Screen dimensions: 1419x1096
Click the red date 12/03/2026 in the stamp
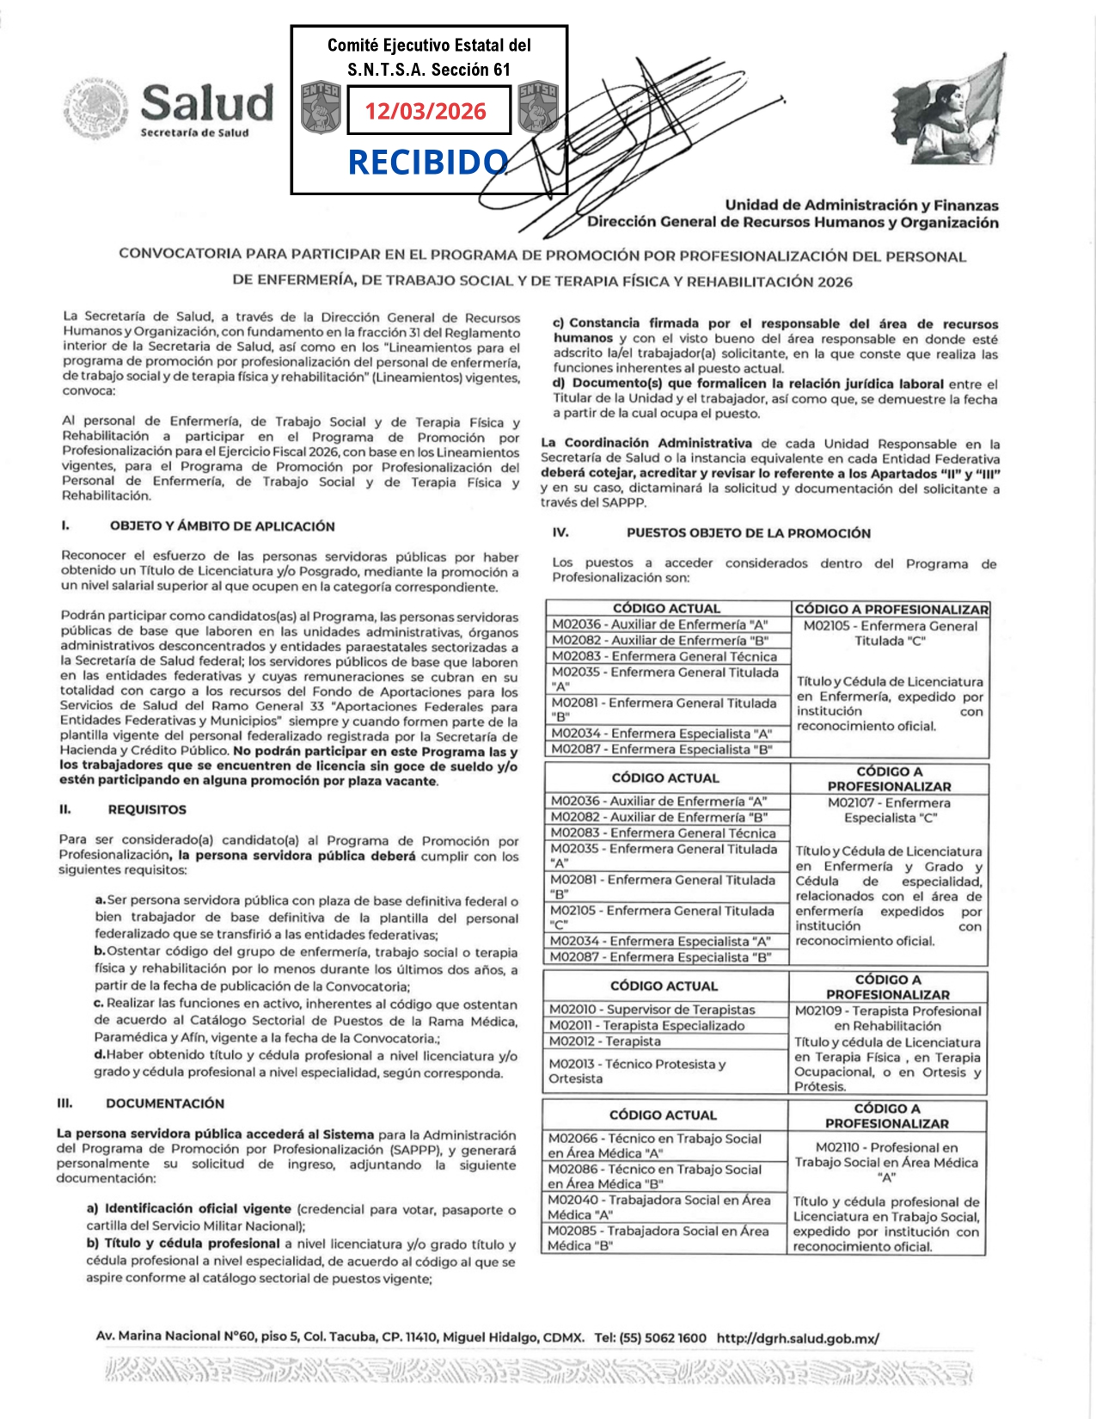[x=426, y=111]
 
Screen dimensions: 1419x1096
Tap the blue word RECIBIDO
[x=427, y=162]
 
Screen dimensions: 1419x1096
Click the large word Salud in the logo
[x=207, y=103]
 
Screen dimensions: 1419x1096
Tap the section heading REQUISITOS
[x=147, y=809]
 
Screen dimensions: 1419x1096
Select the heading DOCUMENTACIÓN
[x=165, y=1103]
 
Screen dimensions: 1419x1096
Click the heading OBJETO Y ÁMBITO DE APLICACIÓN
[x=222, y=526]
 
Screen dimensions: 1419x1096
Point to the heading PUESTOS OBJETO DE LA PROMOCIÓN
[x=748, y=533]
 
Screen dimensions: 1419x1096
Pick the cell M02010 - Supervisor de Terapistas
[x=652, y=1010]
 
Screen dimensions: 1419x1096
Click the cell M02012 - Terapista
[x=605, y=1041]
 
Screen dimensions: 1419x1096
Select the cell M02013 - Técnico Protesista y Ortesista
[x=637, y=1071]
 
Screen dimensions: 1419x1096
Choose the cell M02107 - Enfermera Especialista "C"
[x=889, y=810]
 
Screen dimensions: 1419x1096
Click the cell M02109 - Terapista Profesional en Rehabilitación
[x=887, y=1018]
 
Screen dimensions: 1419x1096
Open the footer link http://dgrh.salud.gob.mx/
[x=798, y=1338]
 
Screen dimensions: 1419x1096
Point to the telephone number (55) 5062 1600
[x=662, y=1338]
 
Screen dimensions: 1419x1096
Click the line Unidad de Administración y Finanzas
[x=861, y=206]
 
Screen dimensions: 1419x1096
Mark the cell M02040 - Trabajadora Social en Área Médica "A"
[x=658, y=1207]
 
